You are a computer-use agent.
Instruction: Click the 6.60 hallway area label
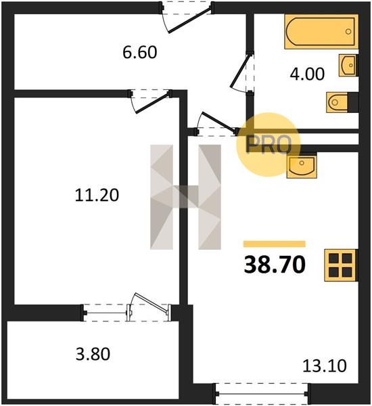140,52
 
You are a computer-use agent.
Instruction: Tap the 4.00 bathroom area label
307,74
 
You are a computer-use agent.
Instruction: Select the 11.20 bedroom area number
97,195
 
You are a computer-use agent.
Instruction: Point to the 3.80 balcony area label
93,354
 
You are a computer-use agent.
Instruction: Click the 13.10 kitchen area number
325,366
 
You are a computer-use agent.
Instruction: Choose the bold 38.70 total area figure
275,265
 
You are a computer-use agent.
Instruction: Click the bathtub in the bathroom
321,31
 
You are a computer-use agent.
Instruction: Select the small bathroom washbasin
348,65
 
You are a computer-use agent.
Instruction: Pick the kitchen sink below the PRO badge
302,166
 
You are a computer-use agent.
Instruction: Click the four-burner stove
341,265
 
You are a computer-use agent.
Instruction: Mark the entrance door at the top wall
187,17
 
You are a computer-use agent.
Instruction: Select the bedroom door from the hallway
150,101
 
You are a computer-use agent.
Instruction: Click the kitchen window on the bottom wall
262,394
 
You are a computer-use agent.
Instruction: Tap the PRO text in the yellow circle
269,145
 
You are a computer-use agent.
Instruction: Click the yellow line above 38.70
275,244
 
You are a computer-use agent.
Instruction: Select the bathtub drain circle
348,31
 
